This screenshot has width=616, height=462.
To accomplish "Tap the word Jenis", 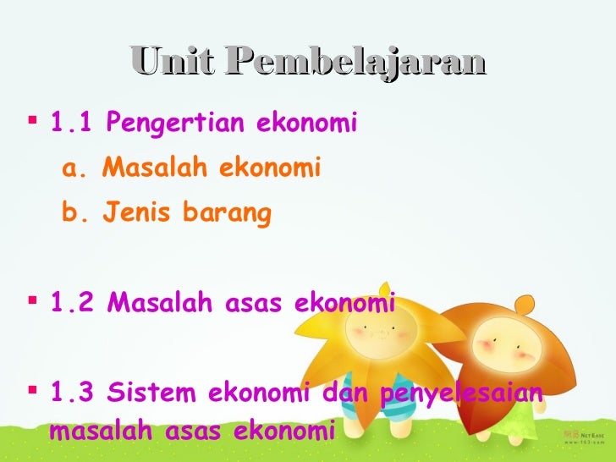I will [134, 214].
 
